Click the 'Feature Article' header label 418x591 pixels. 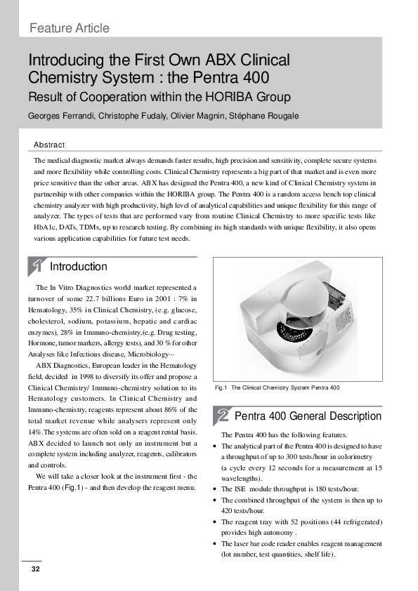(x=70, y=28)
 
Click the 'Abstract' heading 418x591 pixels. (x=49, y=145)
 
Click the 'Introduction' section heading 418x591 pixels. (x=79, y=267)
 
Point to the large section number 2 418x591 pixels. (x=223, y=416)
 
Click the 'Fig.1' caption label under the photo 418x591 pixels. (x=221, y=387)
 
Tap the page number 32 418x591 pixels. (x=34, y=569)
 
